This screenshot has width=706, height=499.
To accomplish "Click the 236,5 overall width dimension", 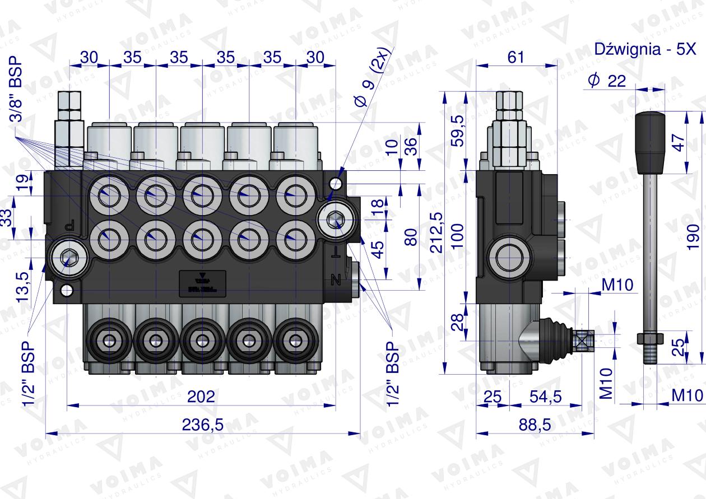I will coord(202,425).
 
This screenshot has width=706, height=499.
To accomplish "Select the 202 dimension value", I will coord(201,397).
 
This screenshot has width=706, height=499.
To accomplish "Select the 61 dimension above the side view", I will coord(516,57).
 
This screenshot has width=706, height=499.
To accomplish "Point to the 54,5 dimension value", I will coord(545,397).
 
